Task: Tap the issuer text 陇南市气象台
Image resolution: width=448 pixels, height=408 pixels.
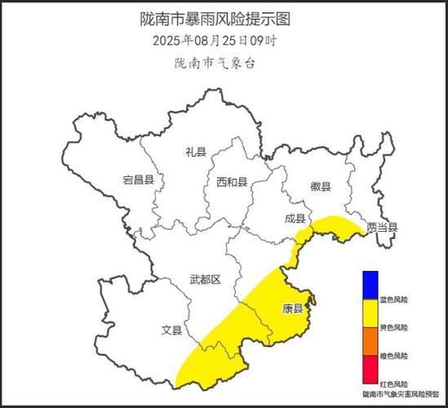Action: pos(215,62)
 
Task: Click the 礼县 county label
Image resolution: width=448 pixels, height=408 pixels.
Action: pos(196,151)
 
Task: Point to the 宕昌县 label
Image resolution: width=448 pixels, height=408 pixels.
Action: pos(138,180)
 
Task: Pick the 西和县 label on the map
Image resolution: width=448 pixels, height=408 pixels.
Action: pos(232,181)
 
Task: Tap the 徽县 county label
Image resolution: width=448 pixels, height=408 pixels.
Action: pos(321,187)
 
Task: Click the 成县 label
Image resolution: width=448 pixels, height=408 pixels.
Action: pos(295,219)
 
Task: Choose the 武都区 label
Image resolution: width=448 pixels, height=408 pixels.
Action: pos(205,280)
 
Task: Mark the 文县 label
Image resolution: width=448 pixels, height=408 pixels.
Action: pos(171,330)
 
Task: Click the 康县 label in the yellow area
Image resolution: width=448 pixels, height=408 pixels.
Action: pos(292,308)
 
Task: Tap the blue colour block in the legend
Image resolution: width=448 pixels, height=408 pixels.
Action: pos(371,284)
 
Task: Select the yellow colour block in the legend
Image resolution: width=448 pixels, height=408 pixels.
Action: pos(371,311)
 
